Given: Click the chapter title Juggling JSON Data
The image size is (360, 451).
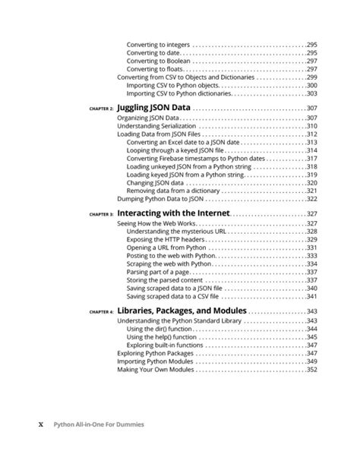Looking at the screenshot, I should [153, 108].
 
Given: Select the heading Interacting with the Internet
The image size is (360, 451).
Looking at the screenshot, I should [172, 215].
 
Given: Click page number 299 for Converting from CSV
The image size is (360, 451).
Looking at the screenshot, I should [311, 77].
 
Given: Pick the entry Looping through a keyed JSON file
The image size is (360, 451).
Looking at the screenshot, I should [181, 150].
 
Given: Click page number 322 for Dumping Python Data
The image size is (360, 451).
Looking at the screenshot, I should [311, 199].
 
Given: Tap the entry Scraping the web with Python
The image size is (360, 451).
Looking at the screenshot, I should [169, 264].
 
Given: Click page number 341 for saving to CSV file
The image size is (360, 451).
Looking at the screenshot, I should [311, 297].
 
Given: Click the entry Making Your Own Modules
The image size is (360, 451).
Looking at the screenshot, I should [158, 370].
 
